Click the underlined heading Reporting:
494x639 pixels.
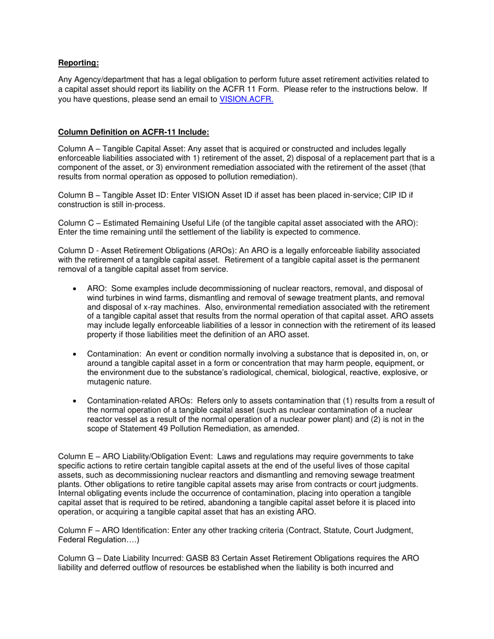point(78,63)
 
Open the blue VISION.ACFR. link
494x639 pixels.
point(246,99)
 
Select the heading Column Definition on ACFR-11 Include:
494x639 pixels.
point(134,132)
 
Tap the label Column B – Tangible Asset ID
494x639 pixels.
point(116,195)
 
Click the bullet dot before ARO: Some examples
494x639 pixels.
point(76,289)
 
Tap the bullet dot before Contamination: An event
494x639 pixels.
point(76,354)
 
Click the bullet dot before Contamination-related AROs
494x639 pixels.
point(76,401)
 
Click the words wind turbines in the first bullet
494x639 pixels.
point(111,298)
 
